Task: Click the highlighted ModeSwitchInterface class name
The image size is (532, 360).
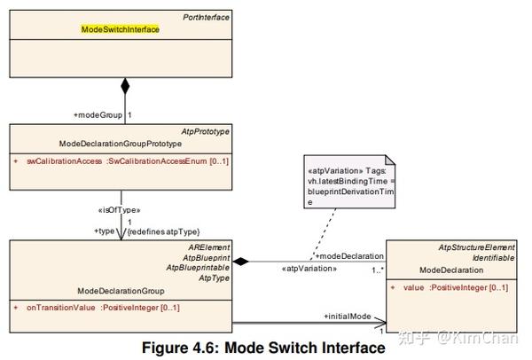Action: (120, 29)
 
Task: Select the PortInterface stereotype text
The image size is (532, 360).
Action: (206, 17)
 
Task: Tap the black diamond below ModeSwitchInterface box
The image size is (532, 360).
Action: (125, 87)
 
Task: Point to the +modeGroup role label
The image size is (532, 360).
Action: (97, 115)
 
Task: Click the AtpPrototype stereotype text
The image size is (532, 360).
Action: (206, 131)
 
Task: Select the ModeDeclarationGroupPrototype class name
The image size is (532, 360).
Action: (120, 144)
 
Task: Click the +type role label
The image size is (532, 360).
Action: (106, 231)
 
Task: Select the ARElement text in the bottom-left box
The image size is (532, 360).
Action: (209, 246)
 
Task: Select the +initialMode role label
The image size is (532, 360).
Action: (348, 316)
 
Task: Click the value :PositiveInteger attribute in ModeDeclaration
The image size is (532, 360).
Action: (455, 288)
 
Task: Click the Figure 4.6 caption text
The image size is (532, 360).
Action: (263, 348)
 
